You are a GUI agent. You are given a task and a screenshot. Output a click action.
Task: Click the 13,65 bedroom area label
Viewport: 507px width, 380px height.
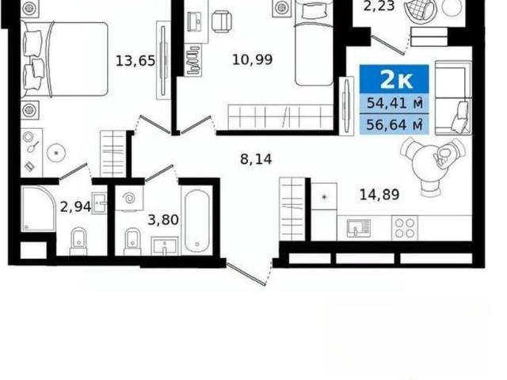coord(135,60)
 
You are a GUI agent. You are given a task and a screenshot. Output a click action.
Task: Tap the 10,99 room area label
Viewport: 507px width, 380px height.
coord(253,59)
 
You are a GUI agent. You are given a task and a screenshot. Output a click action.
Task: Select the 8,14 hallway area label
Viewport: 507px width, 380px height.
coord(256,159)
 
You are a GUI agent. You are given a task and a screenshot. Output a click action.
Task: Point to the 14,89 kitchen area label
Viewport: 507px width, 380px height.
coord(379,195)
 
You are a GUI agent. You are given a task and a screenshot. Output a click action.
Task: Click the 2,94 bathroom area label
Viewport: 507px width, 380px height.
coord(76,207)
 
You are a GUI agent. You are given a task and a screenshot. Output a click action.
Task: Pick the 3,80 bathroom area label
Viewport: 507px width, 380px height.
coord(163,220)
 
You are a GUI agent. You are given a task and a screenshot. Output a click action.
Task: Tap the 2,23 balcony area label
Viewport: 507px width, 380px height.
coord(379,6)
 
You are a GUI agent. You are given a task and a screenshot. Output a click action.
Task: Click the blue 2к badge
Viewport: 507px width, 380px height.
coord(395,79)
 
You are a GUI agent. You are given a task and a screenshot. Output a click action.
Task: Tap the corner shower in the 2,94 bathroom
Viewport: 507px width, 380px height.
coord(39,209)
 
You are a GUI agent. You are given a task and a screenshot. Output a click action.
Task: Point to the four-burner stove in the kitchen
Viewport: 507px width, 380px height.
coord(405,228)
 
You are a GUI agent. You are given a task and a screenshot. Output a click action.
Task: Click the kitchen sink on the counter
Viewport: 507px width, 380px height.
coord(359,228)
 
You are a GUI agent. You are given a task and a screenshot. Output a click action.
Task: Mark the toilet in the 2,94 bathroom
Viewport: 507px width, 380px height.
coord(78,241)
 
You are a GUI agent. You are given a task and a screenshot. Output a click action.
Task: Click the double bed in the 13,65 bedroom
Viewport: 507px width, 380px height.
coord(64,59)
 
